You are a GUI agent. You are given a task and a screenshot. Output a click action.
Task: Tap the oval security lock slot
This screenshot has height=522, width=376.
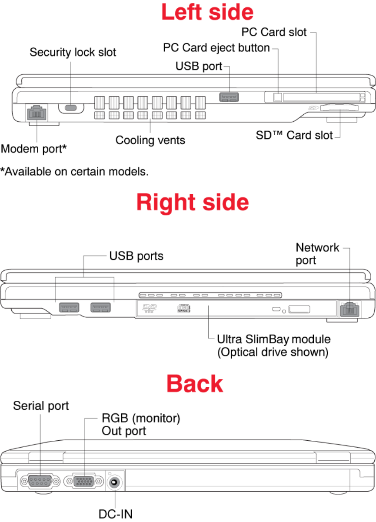70,107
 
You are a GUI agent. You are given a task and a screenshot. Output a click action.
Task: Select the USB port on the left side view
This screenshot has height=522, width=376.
229,97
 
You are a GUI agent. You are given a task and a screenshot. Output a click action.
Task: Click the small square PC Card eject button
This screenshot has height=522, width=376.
278,97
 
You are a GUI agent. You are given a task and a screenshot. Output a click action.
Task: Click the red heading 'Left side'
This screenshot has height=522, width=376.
207,12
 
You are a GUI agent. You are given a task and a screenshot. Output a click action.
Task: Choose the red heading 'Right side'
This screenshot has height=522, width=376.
193,203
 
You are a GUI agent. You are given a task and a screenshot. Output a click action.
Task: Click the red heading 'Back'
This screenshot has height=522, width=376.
194,384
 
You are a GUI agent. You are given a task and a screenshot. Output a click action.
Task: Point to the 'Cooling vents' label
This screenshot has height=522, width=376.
150,140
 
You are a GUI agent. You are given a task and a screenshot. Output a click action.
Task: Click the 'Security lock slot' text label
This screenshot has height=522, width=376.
73,53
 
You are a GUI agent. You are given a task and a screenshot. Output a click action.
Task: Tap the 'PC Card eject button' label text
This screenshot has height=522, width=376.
216,47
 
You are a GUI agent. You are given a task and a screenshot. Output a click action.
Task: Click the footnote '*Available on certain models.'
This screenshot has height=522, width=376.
74,171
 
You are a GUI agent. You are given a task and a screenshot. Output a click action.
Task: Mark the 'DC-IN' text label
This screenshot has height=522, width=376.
115,514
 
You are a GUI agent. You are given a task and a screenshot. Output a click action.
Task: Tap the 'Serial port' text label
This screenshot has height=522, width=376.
41,406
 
